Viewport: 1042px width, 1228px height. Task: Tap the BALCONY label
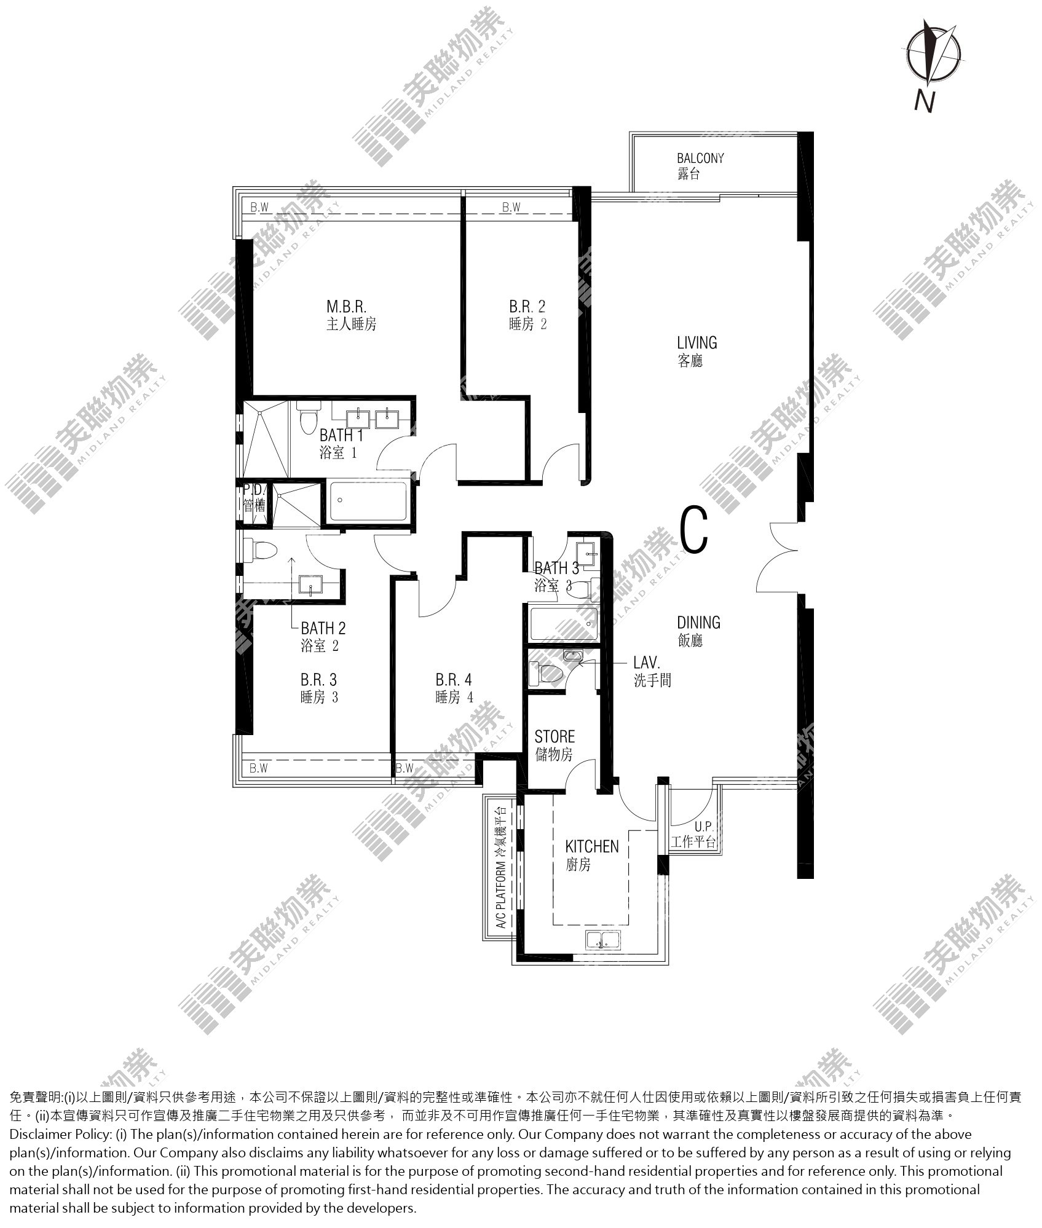click(x=700, y=166)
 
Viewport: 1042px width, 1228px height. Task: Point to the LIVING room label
click(x=697, y=352)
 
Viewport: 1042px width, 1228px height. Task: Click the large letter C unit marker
click(x=695, y=528)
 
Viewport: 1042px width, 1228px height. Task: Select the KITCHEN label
click(x=592, y=856)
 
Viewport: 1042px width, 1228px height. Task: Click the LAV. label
click(x=652, y=671)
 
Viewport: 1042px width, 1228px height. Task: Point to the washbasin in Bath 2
click(x=312, y=584)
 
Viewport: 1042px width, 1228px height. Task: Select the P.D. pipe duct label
click(x=254, y=498)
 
